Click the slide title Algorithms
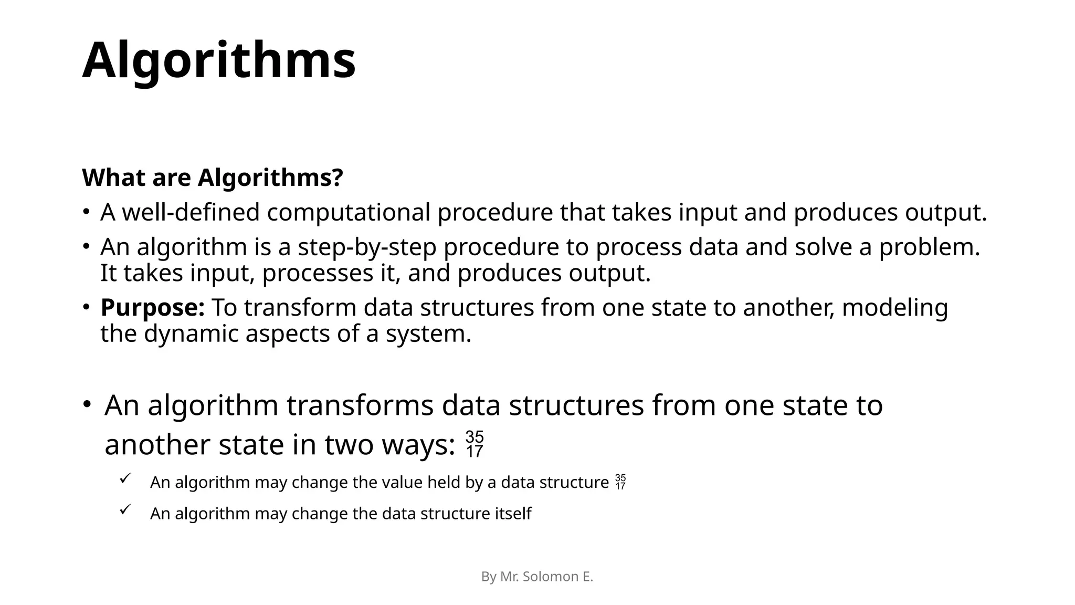tap(219, 60)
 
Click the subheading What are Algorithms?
tap(213, 178)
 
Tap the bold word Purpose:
tap(152, 308)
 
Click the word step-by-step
tap(367, 247)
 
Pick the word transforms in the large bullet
tap(361, 405)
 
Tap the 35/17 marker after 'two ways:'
tap(475, 444)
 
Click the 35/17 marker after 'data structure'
tap(620, 482)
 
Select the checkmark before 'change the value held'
tap(125, 478)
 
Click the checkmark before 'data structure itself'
tap(125, 509)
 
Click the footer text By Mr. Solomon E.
tap(537, 577)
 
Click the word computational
tap(349, 213)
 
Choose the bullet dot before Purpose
tap(85, 307)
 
